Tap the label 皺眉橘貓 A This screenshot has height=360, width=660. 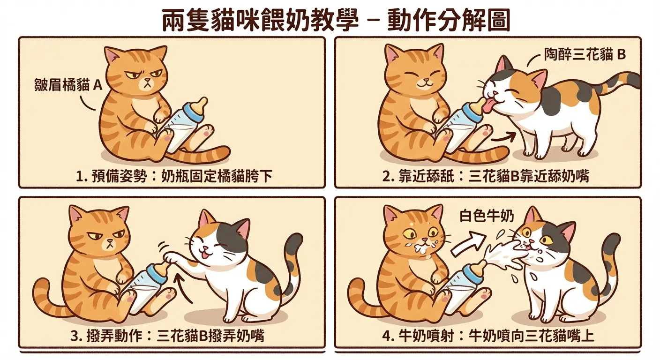click(68, 86)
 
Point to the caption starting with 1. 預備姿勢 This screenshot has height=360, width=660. click(174, 177)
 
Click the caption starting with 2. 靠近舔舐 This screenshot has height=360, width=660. click(486, 177)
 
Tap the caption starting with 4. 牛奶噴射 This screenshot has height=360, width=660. click(487, 336)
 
